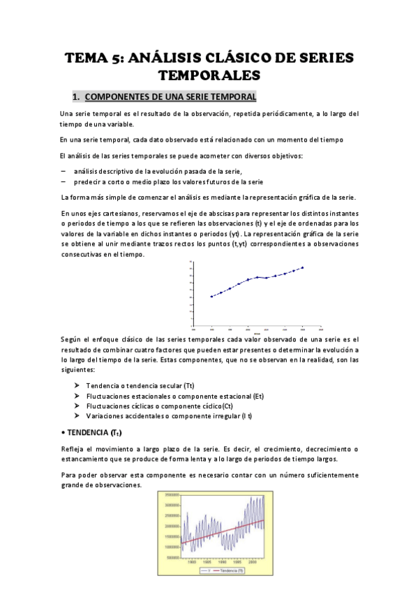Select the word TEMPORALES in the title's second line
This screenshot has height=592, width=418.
point(209,74)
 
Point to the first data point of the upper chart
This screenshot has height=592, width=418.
point(211,296)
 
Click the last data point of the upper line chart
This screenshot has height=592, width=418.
point(302,267)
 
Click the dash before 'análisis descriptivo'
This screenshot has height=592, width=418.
point(64,171)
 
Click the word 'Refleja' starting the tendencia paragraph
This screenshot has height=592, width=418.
point(74,449)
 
